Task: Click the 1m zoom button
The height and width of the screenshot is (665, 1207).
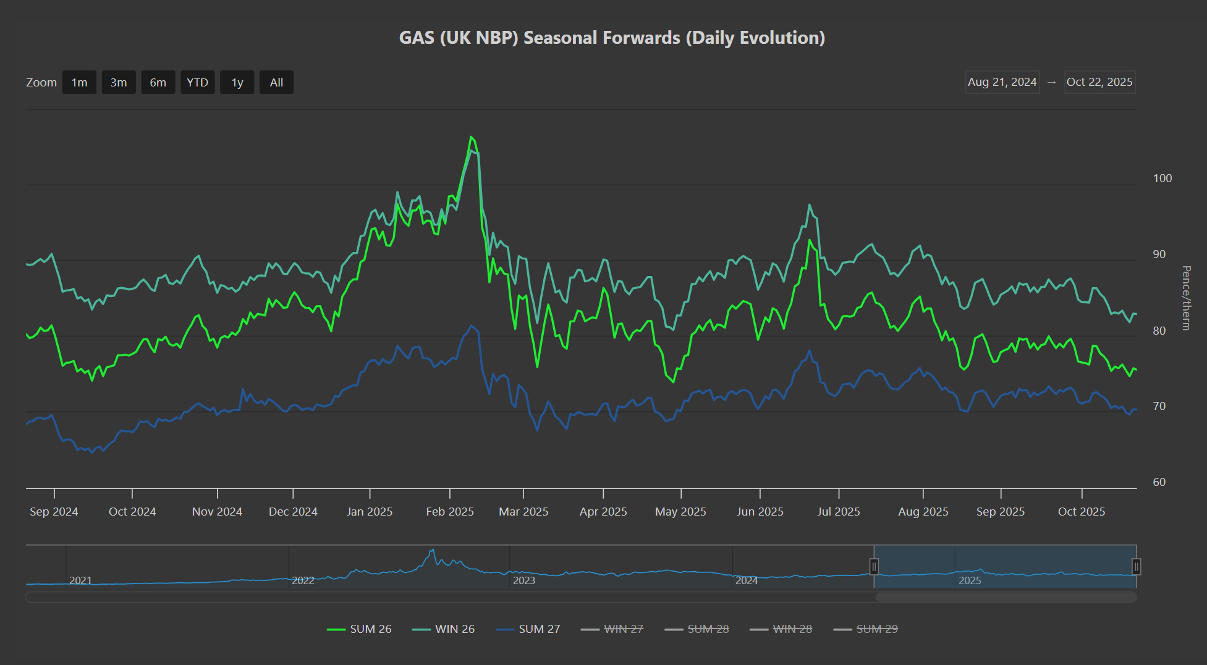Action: coord(79,83)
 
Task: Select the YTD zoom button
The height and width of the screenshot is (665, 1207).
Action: coord(198,83)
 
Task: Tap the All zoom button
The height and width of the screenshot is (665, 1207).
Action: coord(276,83)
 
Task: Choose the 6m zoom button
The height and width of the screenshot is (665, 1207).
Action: coord(158,83)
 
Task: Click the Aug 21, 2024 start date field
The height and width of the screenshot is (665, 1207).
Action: coord(1002,82)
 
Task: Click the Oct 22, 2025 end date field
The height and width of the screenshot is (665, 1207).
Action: coord(1099,82)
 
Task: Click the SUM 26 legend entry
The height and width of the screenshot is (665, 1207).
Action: coord(359,629)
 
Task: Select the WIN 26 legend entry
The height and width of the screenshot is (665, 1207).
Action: coord(443,629)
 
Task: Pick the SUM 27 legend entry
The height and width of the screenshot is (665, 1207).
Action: coord(528,629)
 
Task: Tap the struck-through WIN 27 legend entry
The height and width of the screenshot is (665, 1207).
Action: coord(612,629)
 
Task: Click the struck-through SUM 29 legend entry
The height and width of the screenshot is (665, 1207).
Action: coord(866,629)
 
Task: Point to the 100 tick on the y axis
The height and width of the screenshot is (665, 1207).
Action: coord(1163,178)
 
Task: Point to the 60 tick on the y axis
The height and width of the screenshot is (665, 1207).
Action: coord(1159,482)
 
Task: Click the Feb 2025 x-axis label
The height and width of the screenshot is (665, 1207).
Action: coord(450,512)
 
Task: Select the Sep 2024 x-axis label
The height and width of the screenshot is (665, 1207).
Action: coord(54,512)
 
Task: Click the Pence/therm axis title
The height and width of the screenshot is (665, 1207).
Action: coord(1186,298)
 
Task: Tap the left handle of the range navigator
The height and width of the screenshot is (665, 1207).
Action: coord(874,566)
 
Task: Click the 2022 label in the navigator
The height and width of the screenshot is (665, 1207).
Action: coord(303,580)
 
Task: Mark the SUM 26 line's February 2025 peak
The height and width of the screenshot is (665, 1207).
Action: coord(471,136)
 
